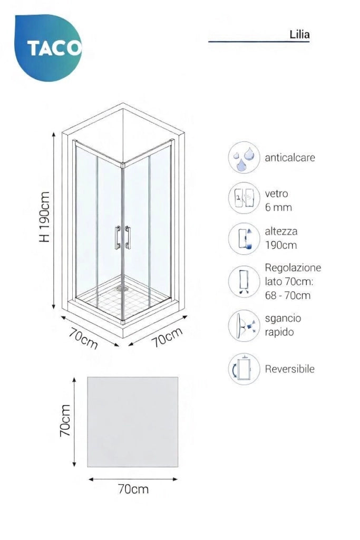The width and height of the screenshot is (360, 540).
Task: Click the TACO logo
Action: point(48,47)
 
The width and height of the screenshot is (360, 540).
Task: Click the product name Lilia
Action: point(299,34)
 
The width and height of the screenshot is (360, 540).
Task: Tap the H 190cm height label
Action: point(44,217)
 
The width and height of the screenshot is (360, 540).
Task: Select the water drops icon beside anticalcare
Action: point(244,157)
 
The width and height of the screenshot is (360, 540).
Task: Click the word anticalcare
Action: point(290,158)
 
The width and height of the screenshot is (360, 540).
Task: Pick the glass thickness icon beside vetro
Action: point(244,198)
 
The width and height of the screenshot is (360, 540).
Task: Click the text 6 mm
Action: point(278,207)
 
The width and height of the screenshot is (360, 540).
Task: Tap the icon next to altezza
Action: point(244,239)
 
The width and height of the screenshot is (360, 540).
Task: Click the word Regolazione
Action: point(293,267)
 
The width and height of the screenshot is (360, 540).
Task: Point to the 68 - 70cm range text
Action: point(288,295)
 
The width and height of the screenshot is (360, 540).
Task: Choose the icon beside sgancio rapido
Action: point(244,326)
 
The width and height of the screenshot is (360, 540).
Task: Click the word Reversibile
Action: point(290,369)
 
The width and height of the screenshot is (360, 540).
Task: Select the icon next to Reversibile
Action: point(244,369)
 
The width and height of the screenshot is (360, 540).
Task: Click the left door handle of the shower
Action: point(118,237)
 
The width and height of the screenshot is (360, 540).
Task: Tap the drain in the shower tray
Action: point(121,288)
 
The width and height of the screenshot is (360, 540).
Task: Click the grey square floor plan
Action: point(132,422)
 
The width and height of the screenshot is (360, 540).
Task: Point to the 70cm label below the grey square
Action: point(133,489)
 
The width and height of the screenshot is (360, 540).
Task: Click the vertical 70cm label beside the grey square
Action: point(65,421)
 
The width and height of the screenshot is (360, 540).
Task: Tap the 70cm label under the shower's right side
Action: point(167,337)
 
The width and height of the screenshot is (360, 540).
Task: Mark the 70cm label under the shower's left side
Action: point(84,338)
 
